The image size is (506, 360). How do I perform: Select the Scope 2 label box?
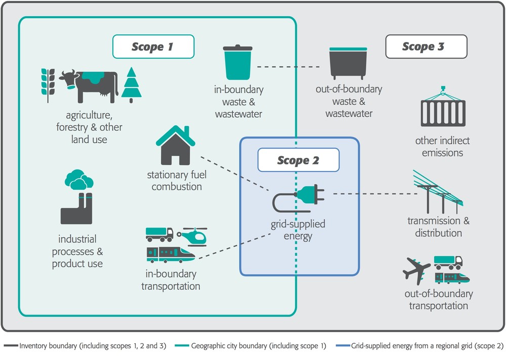tap(298, 160)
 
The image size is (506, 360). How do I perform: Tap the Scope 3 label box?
tap(426, 47)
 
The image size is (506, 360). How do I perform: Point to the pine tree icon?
tap(132, 84)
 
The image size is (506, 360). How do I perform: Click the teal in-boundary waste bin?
tap(238, 63)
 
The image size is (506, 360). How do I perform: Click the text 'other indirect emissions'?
tap(442, 146)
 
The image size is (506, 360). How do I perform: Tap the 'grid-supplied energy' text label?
tap(298, 230)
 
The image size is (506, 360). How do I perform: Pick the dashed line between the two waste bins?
tap(288, 67)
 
